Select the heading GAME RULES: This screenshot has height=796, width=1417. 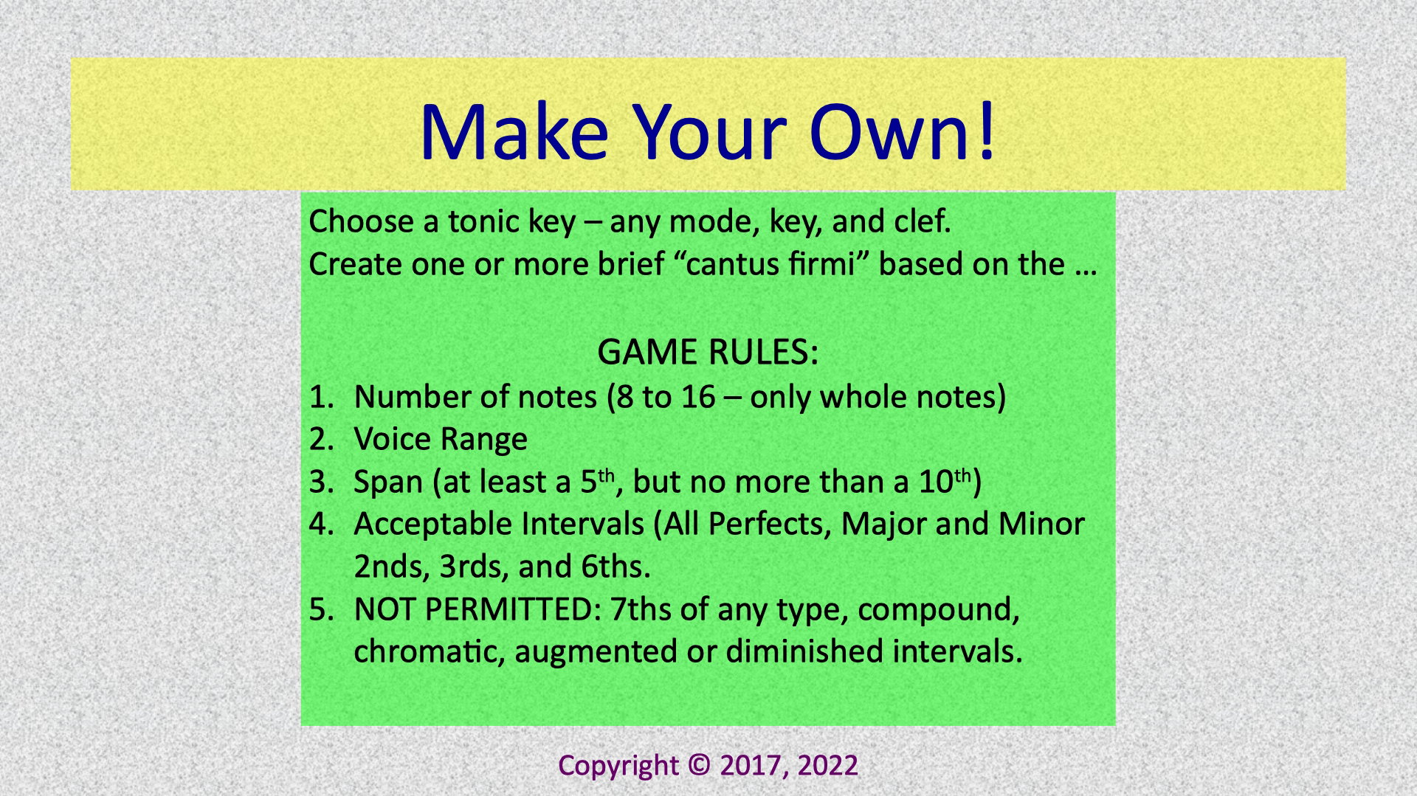click(x=708, y=353)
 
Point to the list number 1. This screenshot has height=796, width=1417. click(x=322, y=397)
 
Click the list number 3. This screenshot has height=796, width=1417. click(x=322, y=482)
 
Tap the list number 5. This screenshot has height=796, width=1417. click(x=322, y=609)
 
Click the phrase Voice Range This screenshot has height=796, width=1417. click(x=441, y=440)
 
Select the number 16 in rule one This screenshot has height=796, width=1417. click(x=698, y=397)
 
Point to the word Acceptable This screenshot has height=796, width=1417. click(x=432, y=525)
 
